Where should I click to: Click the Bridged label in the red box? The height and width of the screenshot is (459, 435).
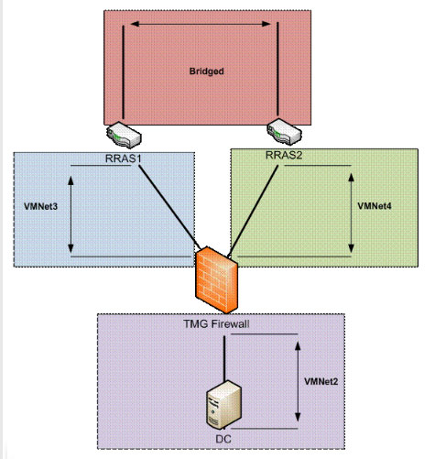coord(207,71)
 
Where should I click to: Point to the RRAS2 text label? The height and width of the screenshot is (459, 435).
coord(284,155)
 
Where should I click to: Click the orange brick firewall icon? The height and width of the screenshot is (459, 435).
coord(216,280)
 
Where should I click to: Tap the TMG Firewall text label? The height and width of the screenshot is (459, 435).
coord(216,324)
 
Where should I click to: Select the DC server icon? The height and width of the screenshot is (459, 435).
coord(224,405)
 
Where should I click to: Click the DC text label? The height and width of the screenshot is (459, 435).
coord(223,440)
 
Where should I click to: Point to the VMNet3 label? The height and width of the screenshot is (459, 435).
coord(40,207)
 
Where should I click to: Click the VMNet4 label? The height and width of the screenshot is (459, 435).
coord(375,206)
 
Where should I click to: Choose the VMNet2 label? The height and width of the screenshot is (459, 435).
coord(321,382)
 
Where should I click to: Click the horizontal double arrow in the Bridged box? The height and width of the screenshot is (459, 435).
coord(201,24)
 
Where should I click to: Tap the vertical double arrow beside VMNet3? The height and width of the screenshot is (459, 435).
coord(71,214)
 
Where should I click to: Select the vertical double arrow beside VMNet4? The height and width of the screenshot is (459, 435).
coord(351,213)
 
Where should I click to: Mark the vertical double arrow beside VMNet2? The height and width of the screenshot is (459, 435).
coord(298,382)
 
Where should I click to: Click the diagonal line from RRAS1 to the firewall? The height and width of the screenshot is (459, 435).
coord(169,207)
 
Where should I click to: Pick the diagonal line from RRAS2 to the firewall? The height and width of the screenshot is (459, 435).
coord(253,211)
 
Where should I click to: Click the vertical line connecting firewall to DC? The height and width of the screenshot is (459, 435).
coord(224,359)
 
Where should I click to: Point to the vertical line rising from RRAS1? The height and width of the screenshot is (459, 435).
coord(124,72)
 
